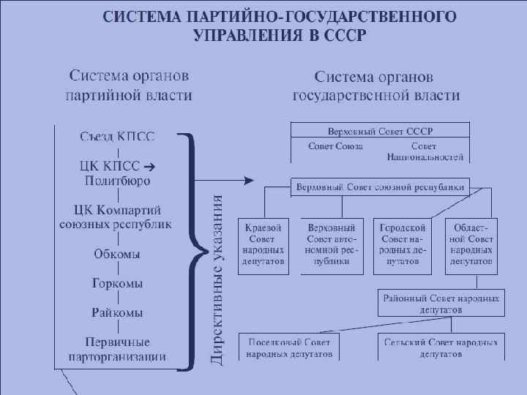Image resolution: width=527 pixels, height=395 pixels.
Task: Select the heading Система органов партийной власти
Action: click(x=129, y=85)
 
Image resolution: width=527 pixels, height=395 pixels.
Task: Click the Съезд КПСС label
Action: click(x=118, y=136)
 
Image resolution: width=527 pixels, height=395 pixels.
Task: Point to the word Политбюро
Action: click(x=117, y=180)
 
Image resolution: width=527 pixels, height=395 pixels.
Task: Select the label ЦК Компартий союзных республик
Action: click(x=116, y=217)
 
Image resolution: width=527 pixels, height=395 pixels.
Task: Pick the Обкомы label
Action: click(x=117, y=255)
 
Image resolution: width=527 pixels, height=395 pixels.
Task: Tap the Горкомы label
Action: click(x=117, y=283)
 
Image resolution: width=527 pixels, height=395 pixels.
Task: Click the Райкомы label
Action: click(x=117, y=312)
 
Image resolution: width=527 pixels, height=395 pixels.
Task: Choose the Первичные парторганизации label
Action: click(x=117, y=350)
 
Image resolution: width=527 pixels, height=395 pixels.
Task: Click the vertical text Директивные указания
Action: click(x=217, y=278)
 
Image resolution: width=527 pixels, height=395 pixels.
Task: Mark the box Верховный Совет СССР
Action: click(x=380, y=130)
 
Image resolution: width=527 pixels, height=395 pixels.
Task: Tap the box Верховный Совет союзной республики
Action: click(x=379, y=187)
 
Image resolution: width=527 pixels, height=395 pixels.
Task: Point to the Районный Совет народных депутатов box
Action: click(x=441, y=304)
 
